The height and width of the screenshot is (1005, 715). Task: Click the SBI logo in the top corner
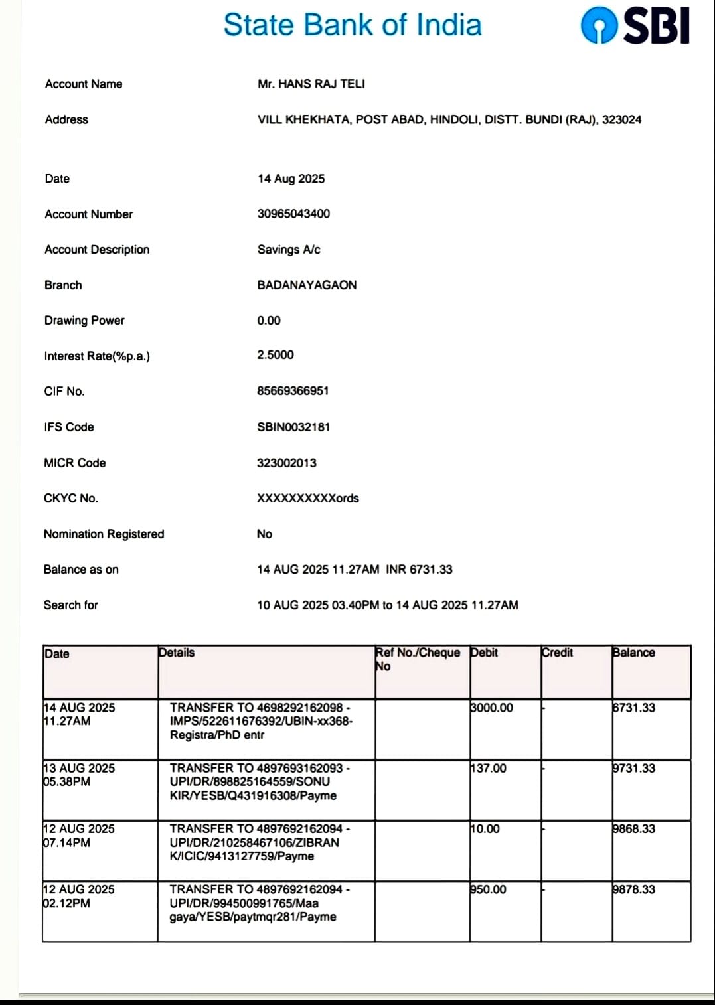[635, 27]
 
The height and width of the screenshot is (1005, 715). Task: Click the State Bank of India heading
[353, 25]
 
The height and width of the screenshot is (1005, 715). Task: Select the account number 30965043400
[293, 214]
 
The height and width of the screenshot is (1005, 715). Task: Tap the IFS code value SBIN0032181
[293, 427]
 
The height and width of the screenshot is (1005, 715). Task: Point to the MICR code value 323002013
[287, 463]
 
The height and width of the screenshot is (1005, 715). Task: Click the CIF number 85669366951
[293, 391]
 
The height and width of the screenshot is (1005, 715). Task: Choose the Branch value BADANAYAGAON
[307, 285]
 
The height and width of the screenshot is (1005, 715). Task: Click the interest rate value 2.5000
[276, 355]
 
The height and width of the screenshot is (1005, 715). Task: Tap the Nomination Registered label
[104, 534]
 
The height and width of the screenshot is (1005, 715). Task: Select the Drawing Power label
[84, 320]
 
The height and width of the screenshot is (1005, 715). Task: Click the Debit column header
[484, 653]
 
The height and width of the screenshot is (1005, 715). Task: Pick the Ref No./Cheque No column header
[418, 659]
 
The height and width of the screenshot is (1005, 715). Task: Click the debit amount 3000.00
[492, 708]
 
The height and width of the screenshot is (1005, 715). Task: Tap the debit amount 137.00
[489, 768]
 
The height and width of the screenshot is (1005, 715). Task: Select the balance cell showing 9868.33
[634, 828]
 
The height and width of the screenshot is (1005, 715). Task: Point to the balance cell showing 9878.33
[634, 889]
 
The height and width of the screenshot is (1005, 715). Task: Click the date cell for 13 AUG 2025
[79, 775]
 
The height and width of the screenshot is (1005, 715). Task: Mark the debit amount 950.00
[489, 889]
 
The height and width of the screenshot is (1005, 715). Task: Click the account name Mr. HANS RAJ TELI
[311, 84]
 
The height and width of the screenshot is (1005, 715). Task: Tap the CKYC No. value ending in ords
[308, 498]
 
